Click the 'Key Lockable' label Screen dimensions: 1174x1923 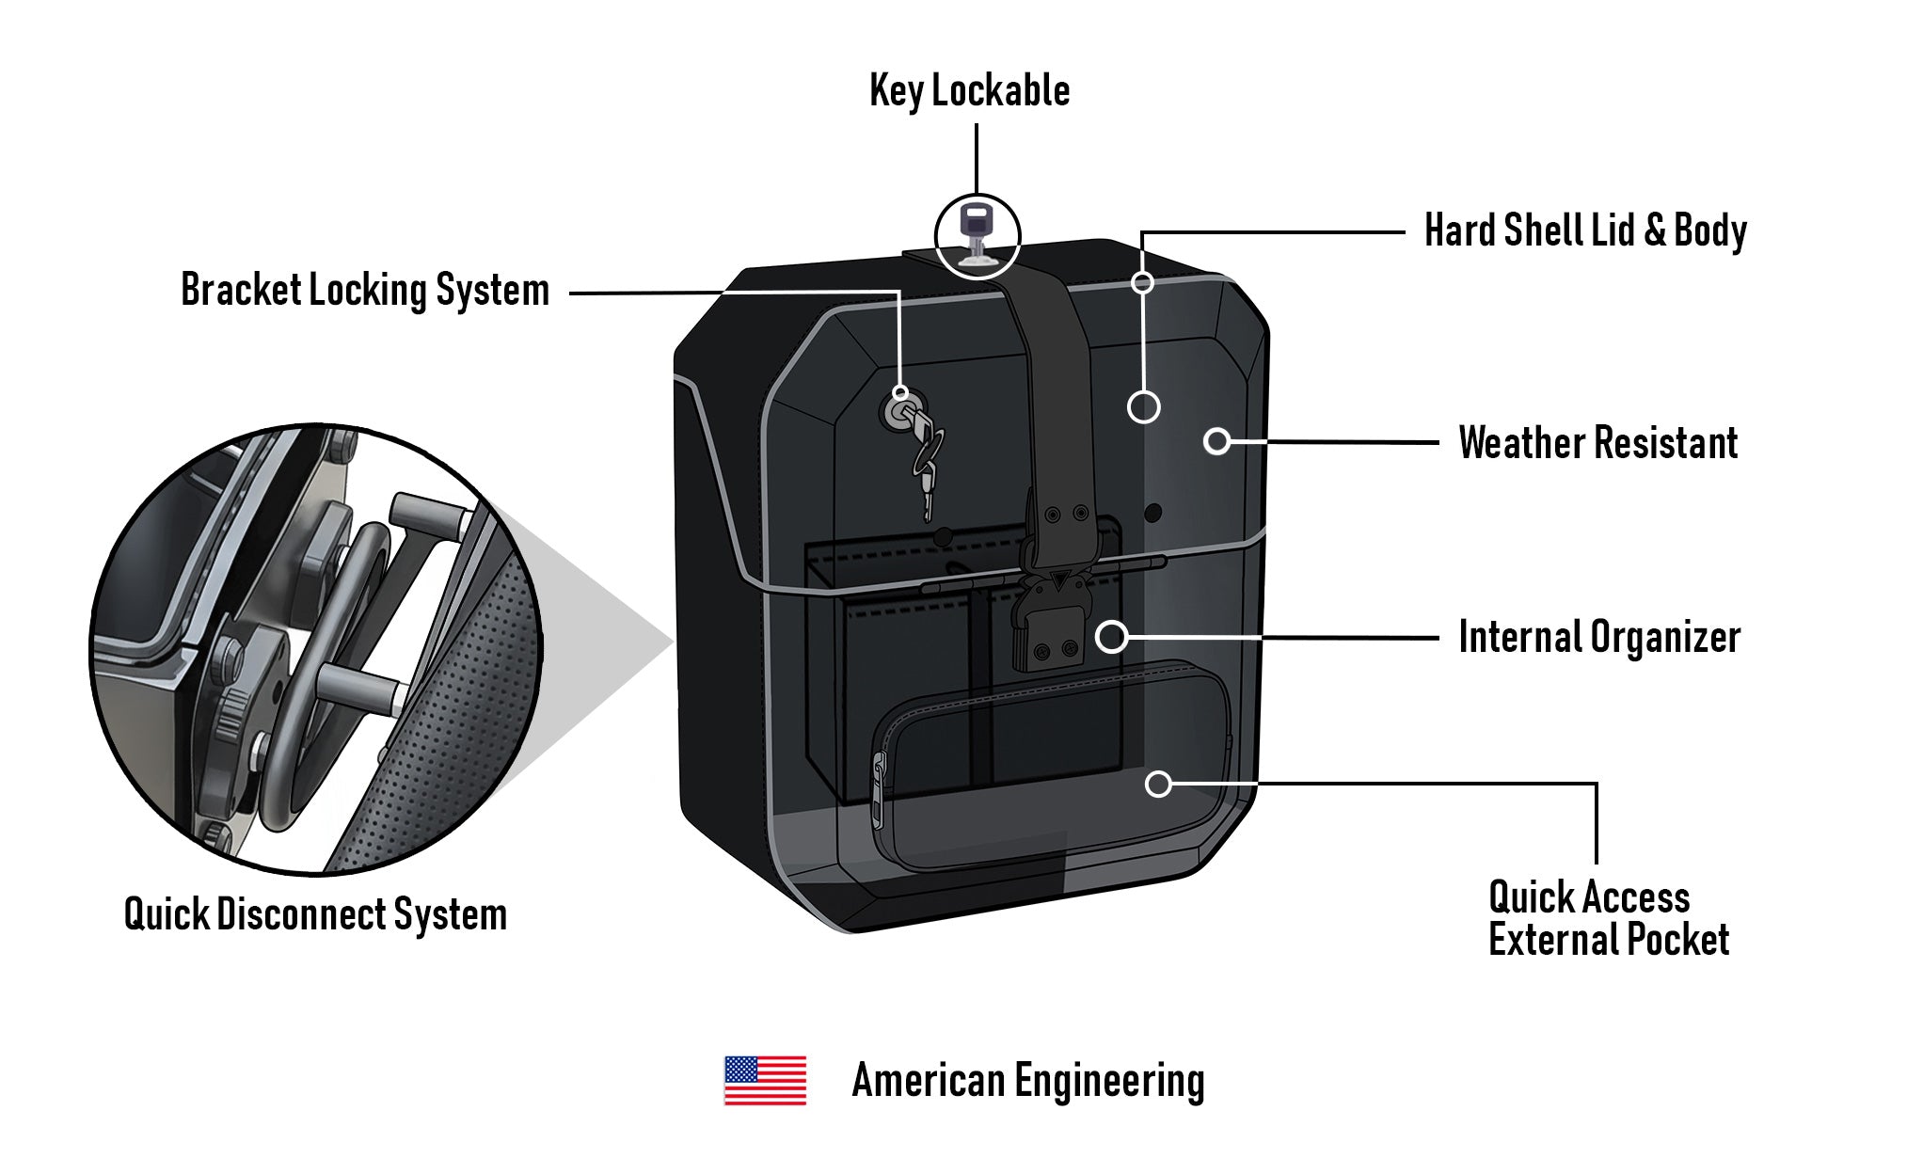click(x=969, y=92)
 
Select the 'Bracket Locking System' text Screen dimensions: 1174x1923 click(x=365, y=291)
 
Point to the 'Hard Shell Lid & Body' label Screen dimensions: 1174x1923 click(x=1585, y=231)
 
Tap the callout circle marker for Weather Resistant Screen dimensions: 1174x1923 click(x=1216, y=440)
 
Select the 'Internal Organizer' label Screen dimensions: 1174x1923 click(x=1598, y=638)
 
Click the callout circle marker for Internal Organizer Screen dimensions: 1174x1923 click(x=1111, y=637)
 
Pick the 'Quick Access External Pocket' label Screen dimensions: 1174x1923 click(x=1607, y=919)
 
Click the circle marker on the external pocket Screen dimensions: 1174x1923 click(x=1158, y=784)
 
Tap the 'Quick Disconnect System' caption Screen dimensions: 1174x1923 click(x=316, y=914)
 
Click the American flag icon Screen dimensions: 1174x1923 click(x=765, y=1080)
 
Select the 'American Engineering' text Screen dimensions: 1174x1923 click(x=1027, y=1081)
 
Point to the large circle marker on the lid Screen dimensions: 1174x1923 click(x=1143, y=406)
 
